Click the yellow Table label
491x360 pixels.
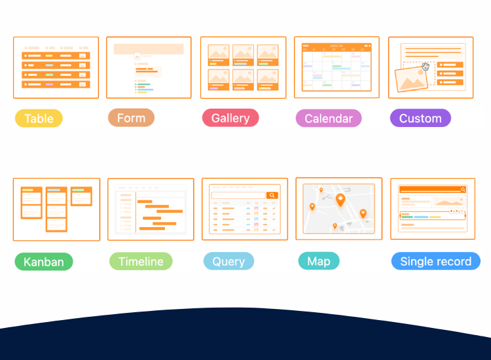coord(39,118)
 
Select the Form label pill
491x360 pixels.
coord(131,118)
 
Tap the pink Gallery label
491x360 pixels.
coord(230,118)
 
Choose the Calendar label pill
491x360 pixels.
coord(329,118)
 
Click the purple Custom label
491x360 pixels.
coord(420,118)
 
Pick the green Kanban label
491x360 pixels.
coord(44,262)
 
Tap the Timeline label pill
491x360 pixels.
coord(141,261)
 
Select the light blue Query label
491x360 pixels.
coord(228,261)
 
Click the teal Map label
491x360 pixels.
coord(319,261)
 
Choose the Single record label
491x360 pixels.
coord(435,261)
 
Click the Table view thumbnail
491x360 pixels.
coord(56,67)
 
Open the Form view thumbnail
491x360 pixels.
coord(149,67)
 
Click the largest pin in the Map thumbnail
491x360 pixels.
coord(340,200)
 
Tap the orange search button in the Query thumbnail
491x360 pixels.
coord(272,195)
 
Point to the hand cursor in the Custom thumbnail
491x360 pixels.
coord(426,66)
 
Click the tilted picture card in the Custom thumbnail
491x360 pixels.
coord(411,80)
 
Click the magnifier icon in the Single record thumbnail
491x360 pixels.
coord(463,189)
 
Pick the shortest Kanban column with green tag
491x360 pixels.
coord(81,196)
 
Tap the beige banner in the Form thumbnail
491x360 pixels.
coord(149,49)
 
